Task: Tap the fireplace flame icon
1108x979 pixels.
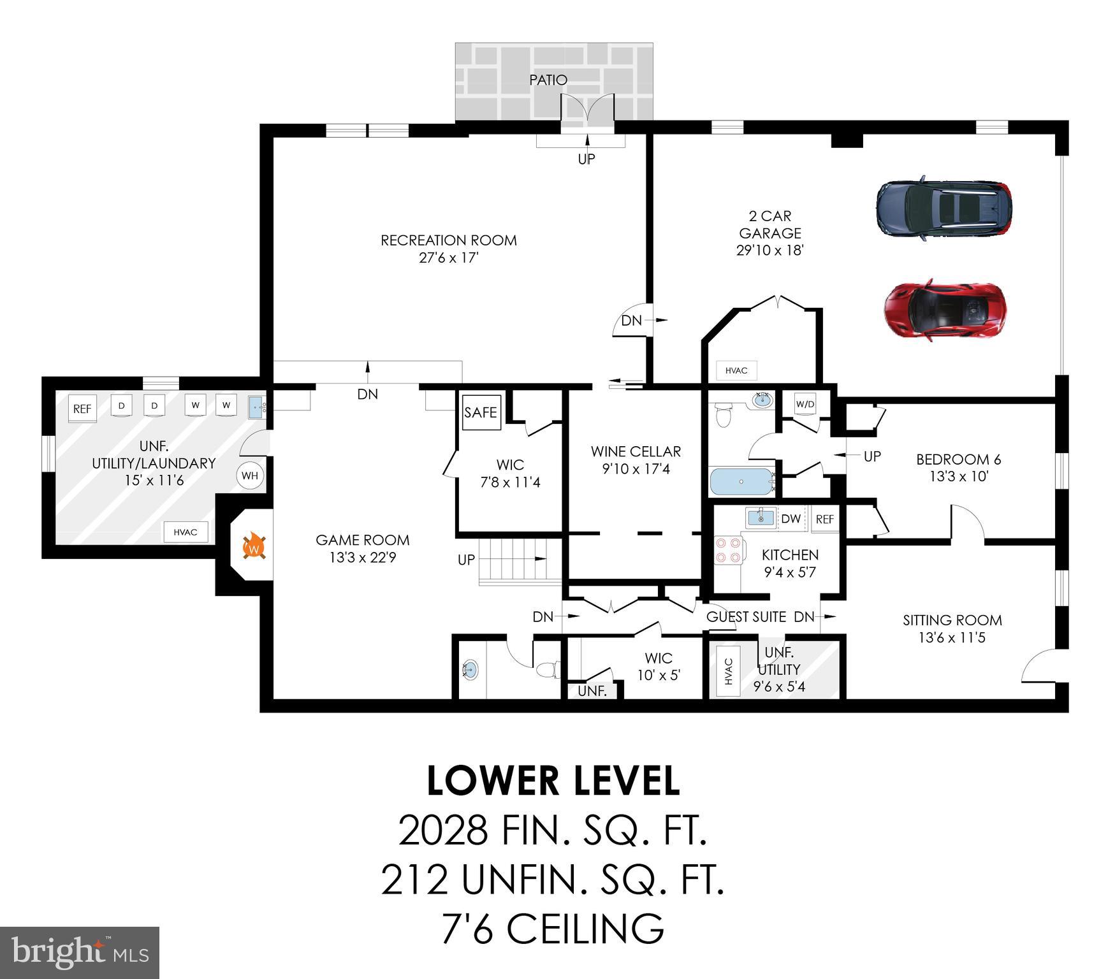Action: (x=254, y=547)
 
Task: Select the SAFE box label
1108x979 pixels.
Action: (x=481, y=412)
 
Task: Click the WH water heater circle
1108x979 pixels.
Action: (x=250, y=475)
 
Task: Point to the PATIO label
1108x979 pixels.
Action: (x=548, y=80)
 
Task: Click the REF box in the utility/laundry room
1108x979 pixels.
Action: (x=82, y=409)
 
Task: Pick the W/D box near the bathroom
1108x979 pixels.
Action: (x=805, y=404)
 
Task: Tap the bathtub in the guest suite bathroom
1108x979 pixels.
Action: (x=741, y=482)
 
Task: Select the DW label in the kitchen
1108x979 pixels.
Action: (x=791, y=519)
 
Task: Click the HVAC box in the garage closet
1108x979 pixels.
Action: (x=736, y=370)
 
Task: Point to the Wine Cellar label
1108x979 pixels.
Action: (x=636, y=451)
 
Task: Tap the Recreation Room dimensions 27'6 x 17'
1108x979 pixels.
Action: (x=448, y=258)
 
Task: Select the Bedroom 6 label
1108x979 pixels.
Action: (x=958, y=459)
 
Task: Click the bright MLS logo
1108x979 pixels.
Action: (x=79, y=952)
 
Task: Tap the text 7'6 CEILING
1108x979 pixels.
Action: (x=553, y=929)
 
